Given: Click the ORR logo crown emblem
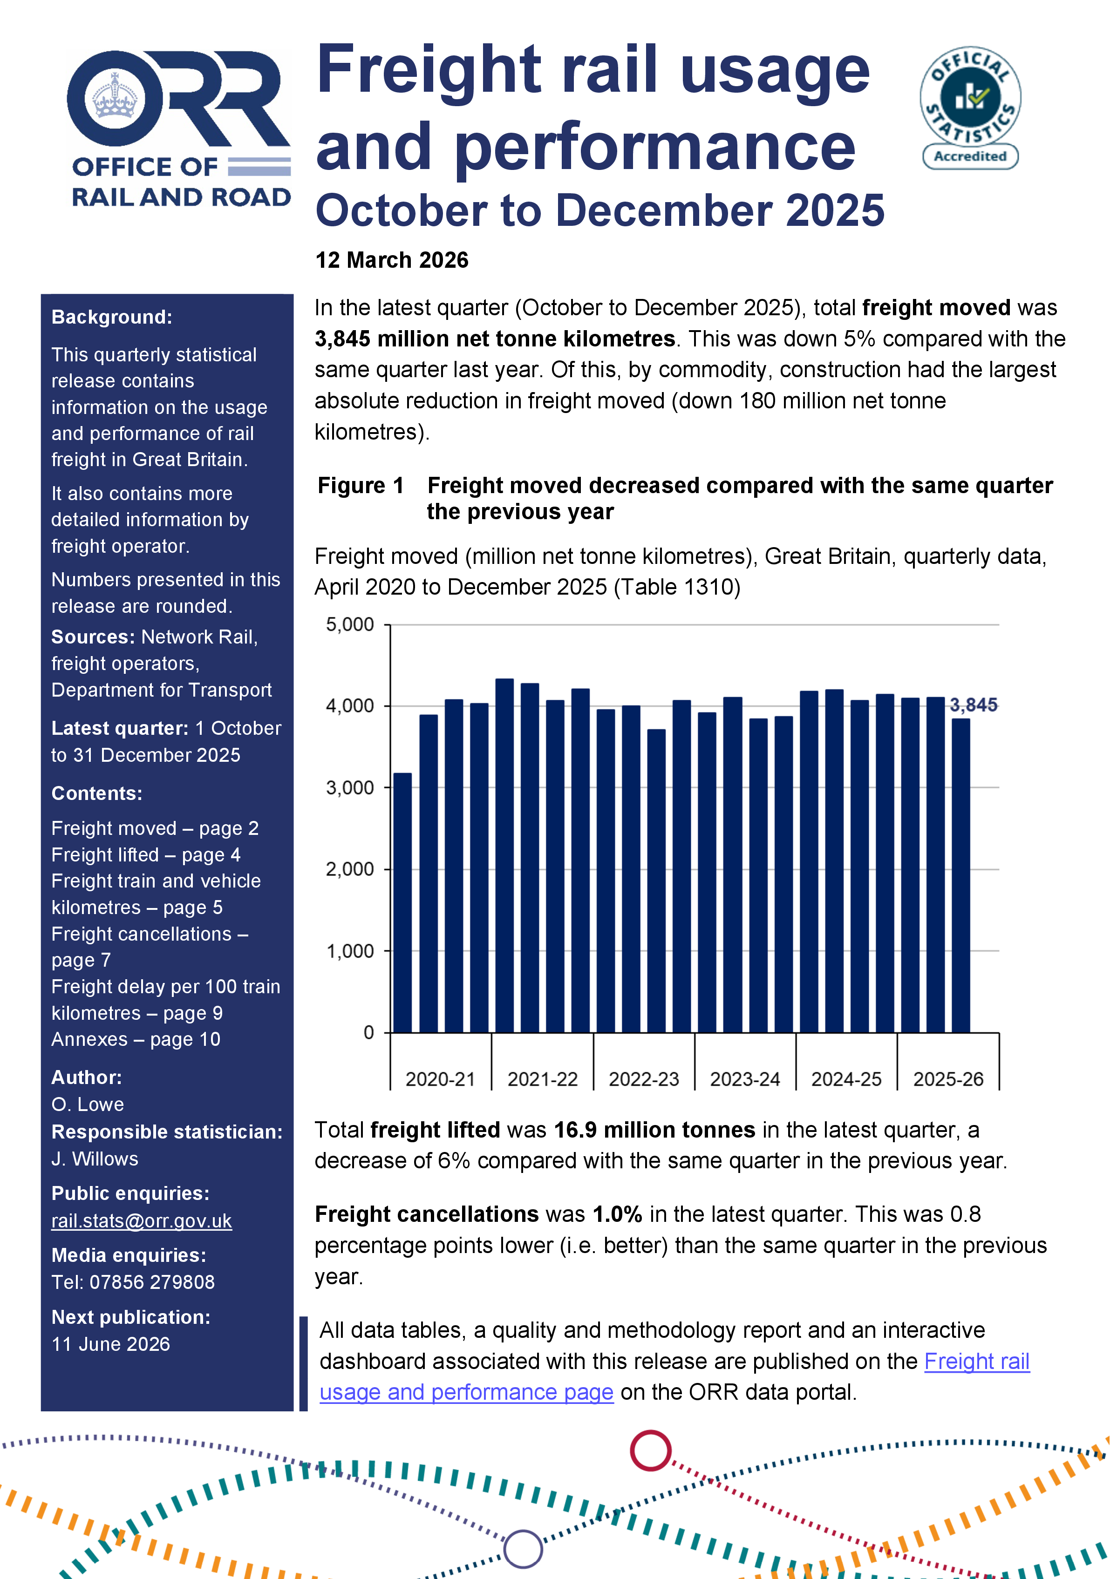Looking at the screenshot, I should point(115,98).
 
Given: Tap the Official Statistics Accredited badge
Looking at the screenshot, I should point(970,108).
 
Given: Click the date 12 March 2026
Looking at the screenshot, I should point(391,260).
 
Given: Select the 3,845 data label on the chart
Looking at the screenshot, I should point(973,705).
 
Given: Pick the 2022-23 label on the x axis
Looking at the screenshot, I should point(643,1079).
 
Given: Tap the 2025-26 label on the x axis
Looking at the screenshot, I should point(948,1079).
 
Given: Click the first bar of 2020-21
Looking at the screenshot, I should point(402,901).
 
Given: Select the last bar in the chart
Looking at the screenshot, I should point(961,874).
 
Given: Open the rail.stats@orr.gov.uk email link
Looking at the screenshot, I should point(141,1221).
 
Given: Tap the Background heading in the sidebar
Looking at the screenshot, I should point(111,317).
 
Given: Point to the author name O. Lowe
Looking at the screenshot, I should point(88,1105).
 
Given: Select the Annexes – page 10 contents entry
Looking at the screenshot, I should point(136,1039).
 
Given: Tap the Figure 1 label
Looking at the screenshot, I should point(361,486).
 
